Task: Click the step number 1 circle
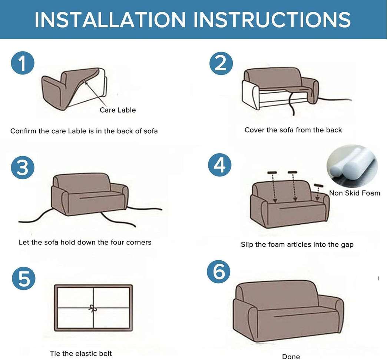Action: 23,64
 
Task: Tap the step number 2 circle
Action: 221,64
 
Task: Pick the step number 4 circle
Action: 219,165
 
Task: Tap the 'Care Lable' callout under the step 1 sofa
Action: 118,110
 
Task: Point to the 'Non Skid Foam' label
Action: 354,193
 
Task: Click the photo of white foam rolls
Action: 352,167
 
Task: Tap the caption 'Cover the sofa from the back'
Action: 293,130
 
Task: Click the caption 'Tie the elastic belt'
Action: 81,353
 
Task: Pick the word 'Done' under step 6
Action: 291,357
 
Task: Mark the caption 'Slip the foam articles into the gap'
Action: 297,244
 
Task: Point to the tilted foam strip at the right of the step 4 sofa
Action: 318,185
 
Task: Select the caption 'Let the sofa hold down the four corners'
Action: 85,242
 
